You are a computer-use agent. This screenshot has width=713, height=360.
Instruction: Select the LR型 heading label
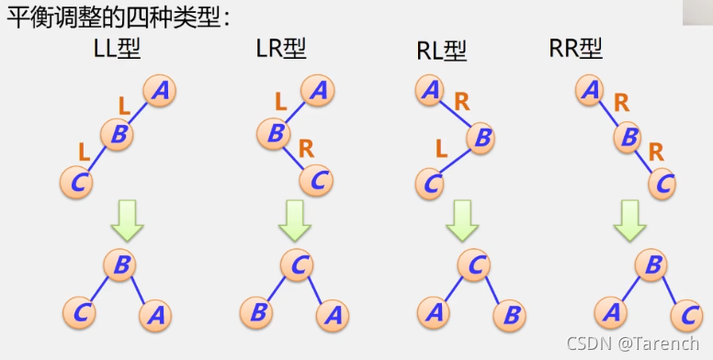click(x=280, y=48)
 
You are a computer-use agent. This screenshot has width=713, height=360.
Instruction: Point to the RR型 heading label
click(x=575, y=48)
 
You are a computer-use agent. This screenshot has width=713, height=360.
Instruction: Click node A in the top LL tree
click(x=160, y=91)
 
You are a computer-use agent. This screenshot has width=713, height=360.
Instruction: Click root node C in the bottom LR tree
click(x=297, y=265)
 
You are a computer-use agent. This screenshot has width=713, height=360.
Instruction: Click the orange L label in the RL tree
click(x=441, y=147)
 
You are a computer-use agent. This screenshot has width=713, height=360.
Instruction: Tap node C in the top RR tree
click(x=661, y=182)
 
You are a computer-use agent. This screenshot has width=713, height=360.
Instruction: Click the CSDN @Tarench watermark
click(x=634, y=344)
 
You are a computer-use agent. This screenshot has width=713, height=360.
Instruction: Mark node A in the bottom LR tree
click(x=333, y=315)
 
